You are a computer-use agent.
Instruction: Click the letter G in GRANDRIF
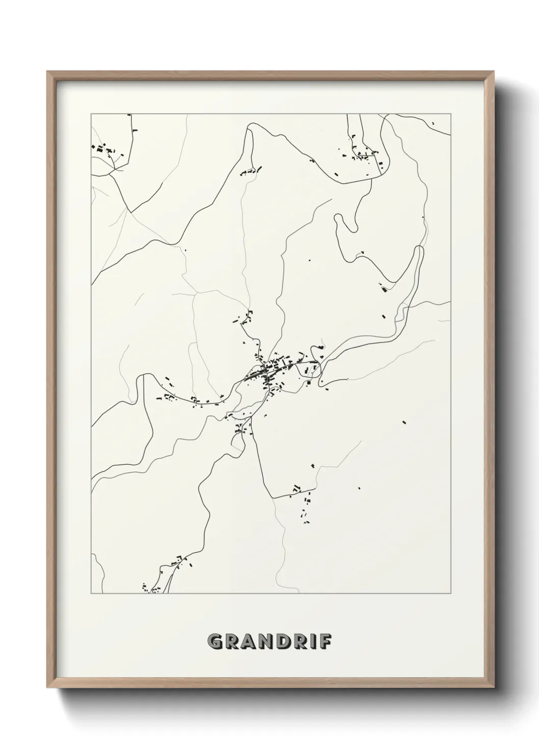coord(215,641)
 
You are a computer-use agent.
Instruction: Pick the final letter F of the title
coord(325,641)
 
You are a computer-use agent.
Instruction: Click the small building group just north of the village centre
coord(245,318)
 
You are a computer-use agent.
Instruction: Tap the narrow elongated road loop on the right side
coord(419,265)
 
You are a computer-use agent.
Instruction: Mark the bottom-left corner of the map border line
coord(91,594)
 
